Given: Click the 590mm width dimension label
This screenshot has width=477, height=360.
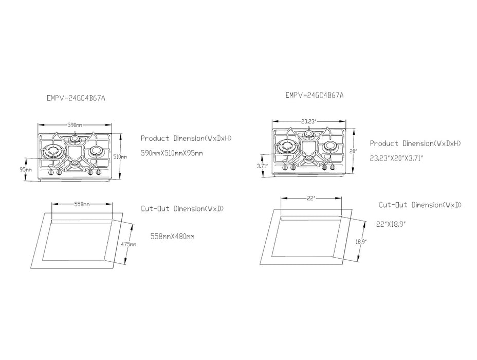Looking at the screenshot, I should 76,125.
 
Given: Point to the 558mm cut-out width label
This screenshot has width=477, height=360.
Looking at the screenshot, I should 82,204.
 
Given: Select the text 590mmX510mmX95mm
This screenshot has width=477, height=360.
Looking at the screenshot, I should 172,153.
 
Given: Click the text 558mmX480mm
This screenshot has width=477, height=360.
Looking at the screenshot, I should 172,237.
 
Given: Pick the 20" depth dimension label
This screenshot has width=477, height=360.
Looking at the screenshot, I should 353,151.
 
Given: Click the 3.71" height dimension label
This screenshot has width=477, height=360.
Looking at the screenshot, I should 263,166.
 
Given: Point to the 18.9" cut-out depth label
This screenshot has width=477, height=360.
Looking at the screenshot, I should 361,241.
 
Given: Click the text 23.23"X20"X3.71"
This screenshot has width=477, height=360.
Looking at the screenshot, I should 396,158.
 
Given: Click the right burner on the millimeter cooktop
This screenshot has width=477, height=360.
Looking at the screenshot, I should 95,152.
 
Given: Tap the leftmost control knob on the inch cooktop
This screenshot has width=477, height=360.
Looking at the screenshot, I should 284,167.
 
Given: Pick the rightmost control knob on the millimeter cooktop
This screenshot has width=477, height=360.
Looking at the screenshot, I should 98,172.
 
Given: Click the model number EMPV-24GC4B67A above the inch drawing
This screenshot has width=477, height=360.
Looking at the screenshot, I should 314,95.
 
